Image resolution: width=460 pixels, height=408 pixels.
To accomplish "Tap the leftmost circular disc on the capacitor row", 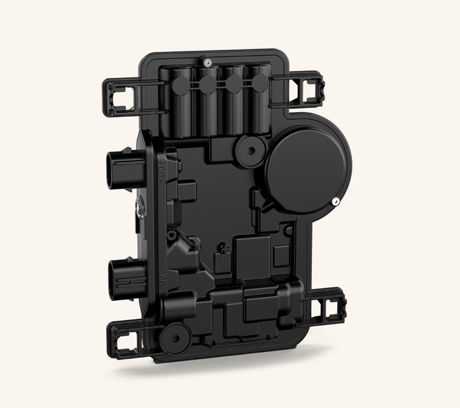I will tap(181, 87).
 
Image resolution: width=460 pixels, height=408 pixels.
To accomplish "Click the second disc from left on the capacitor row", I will tap(208, 85).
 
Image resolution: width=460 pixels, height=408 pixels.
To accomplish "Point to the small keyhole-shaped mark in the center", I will tap(220, 249).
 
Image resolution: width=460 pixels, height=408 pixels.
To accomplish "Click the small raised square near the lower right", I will tap(281, 254).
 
